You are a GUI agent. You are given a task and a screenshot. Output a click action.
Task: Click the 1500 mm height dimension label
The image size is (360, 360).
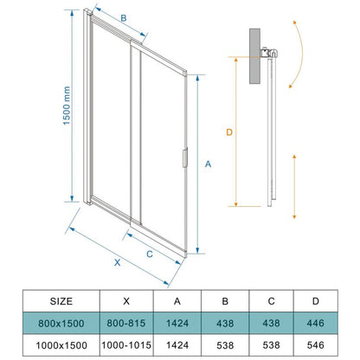point(67,106)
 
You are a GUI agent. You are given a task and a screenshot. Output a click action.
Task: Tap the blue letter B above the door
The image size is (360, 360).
point(124,18)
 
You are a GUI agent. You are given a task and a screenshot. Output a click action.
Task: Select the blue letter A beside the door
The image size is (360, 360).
point(208,164)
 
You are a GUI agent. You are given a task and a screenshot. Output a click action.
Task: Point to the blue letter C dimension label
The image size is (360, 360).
point(150,254)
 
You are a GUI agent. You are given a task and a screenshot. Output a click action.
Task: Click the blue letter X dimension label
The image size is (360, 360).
point(117,262)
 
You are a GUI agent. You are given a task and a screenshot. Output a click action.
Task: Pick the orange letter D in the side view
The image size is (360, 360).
point(229,132)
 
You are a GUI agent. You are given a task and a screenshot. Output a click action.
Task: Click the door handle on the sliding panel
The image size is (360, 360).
point(185,157)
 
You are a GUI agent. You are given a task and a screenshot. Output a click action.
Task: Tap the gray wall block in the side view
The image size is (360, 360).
point(254,56)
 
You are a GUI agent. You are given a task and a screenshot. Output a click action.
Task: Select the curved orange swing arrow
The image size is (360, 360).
point(301,54)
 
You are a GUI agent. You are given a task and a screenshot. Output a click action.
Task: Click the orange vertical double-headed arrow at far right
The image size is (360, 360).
point(294,187)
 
